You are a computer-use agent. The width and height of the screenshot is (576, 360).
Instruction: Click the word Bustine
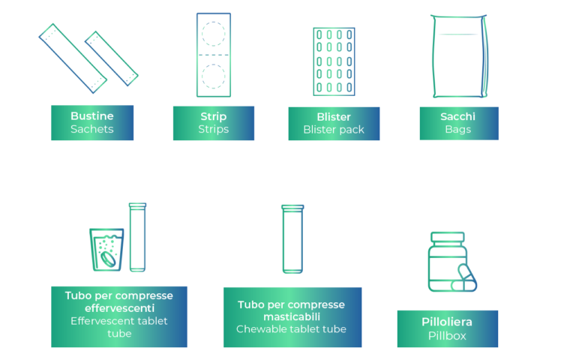pos(92,116)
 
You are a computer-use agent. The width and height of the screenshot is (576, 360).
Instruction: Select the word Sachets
pos(92,129)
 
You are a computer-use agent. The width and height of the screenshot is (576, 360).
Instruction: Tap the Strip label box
pos(214,123)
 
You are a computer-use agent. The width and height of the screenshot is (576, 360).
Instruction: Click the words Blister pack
pos(334,129)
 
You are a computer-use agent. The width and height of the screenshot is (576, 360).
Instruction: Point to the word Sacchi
pos(457,116)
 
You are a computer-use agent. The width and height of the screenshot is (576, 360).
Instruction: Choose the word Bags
pos(457,129)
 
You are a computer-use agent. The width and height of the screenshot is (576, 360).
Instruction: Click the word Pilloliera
pos(447,322)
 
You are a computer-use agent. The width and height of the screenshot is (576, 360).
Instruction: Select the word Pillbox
pos(447,335)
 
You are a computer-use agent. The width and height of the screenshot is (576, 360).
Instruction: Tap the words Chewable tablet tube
pos(291,328)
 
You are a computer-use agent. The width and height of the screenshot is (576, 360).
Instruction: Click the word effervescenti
pos(119,307)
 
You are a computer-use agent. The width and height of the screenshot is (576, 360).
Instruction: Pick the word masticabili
pos(292,316)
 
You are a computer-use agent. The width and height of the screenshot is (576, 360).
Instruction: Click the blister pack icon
pos(334,61)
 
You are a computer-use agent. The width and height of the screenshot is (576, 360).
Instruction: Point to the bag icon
pos(460,56)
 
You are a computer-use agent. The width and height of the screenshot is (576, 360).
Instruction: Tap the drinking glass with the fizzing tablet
pos(107,250)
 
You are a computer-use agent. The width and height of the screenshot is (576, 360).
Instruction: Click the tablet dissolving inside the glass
pos(108,259)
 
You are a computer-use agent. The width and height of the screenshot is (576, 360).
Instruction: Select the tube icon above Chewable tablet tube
pos(292,239)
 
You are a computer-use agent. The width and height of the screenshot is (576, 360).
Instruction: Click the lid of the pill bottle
pos(448,237)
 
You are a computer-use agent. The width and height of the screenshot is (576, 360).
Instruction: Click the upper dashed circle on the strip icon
pos(214,34)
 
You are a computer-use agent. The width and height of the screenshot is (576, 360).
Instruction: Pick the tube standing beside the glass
pos(137,237)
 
